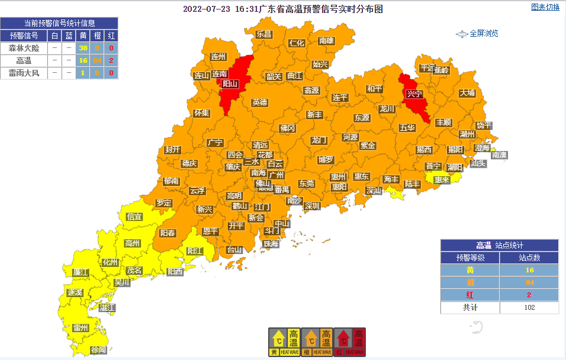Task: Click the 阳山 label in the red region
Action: coord(230,84)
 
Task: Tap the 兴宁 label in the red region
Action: coord(414,94)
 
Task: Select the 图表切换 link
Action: coord(545,7)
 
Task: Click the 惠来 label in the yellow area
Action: coord(442,180)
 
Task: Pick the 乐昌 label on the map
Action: coord(264,34)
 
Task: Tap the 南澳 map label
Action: coord(499,155)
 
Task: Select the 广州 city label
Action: coord(276,175)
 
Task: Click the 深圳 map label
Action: coord(312,206)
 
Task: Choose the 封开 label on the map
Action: coord(173,149)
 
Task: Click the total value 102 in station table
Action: coord(529,307)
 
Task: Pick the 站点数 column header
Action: coord(529,258)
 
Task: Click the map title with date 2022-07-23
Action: coord(283,9)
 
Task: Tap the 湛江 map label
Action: coord(107,308)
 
